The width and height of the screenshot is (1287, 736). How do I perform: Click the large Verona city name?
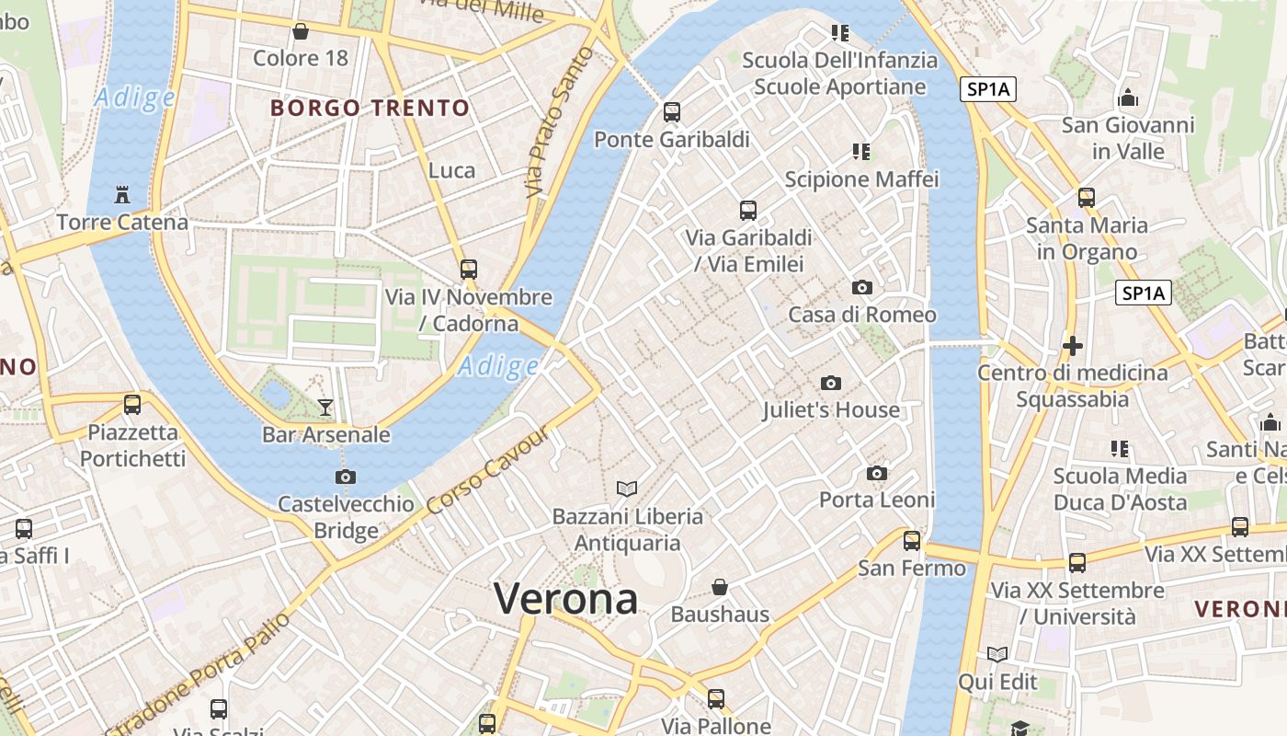tap(565, 600)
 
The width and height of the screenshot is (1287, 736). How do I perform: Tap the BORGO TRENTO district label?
tap(370, 109)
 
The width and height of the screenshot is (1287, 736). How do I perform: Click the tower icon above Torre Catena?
tap(122, 195)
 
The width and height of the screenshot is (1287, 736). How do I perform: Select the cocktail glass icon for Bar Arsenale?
tap(325, 407)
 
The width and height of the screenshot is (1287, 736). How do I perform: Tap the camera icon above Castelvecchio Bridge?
tap(346, 477)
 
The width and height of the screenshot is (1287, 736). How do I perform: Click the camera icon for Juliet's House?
tap(831, 383)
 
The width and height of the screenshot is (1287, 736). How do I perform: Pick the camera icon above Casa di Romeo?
tap(862, 287)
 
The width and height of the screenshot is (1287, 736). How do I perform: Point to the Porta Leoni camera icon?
tap(877, 473)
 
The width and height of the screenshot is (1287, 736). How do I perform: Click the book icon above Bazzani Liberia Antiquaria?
tap(627, 489)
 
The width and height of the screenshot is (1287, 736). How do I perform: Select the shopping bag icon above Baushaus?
tap(720, 586)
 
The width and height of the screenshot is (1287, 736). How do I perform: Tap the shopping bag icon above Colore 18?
tap(300, 32)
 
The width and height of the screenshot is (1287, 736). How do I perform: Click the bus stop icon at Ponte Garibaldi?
tap(672, 112)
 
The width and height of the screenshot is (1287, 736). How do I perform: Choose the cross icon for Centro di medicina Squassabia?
tap(1072, 346)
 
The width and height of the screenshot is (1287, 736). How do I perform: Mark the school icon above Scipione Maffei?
tap(861, 151)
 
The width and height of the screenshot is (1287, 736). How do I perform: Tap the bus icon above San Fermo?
tap(912, 541)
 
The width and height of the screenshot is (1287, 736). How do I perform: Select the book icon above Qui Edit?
tap(997, 654)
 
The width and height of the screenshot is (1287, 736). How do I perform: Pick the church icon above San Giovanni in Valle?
tap(1128, 98)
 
